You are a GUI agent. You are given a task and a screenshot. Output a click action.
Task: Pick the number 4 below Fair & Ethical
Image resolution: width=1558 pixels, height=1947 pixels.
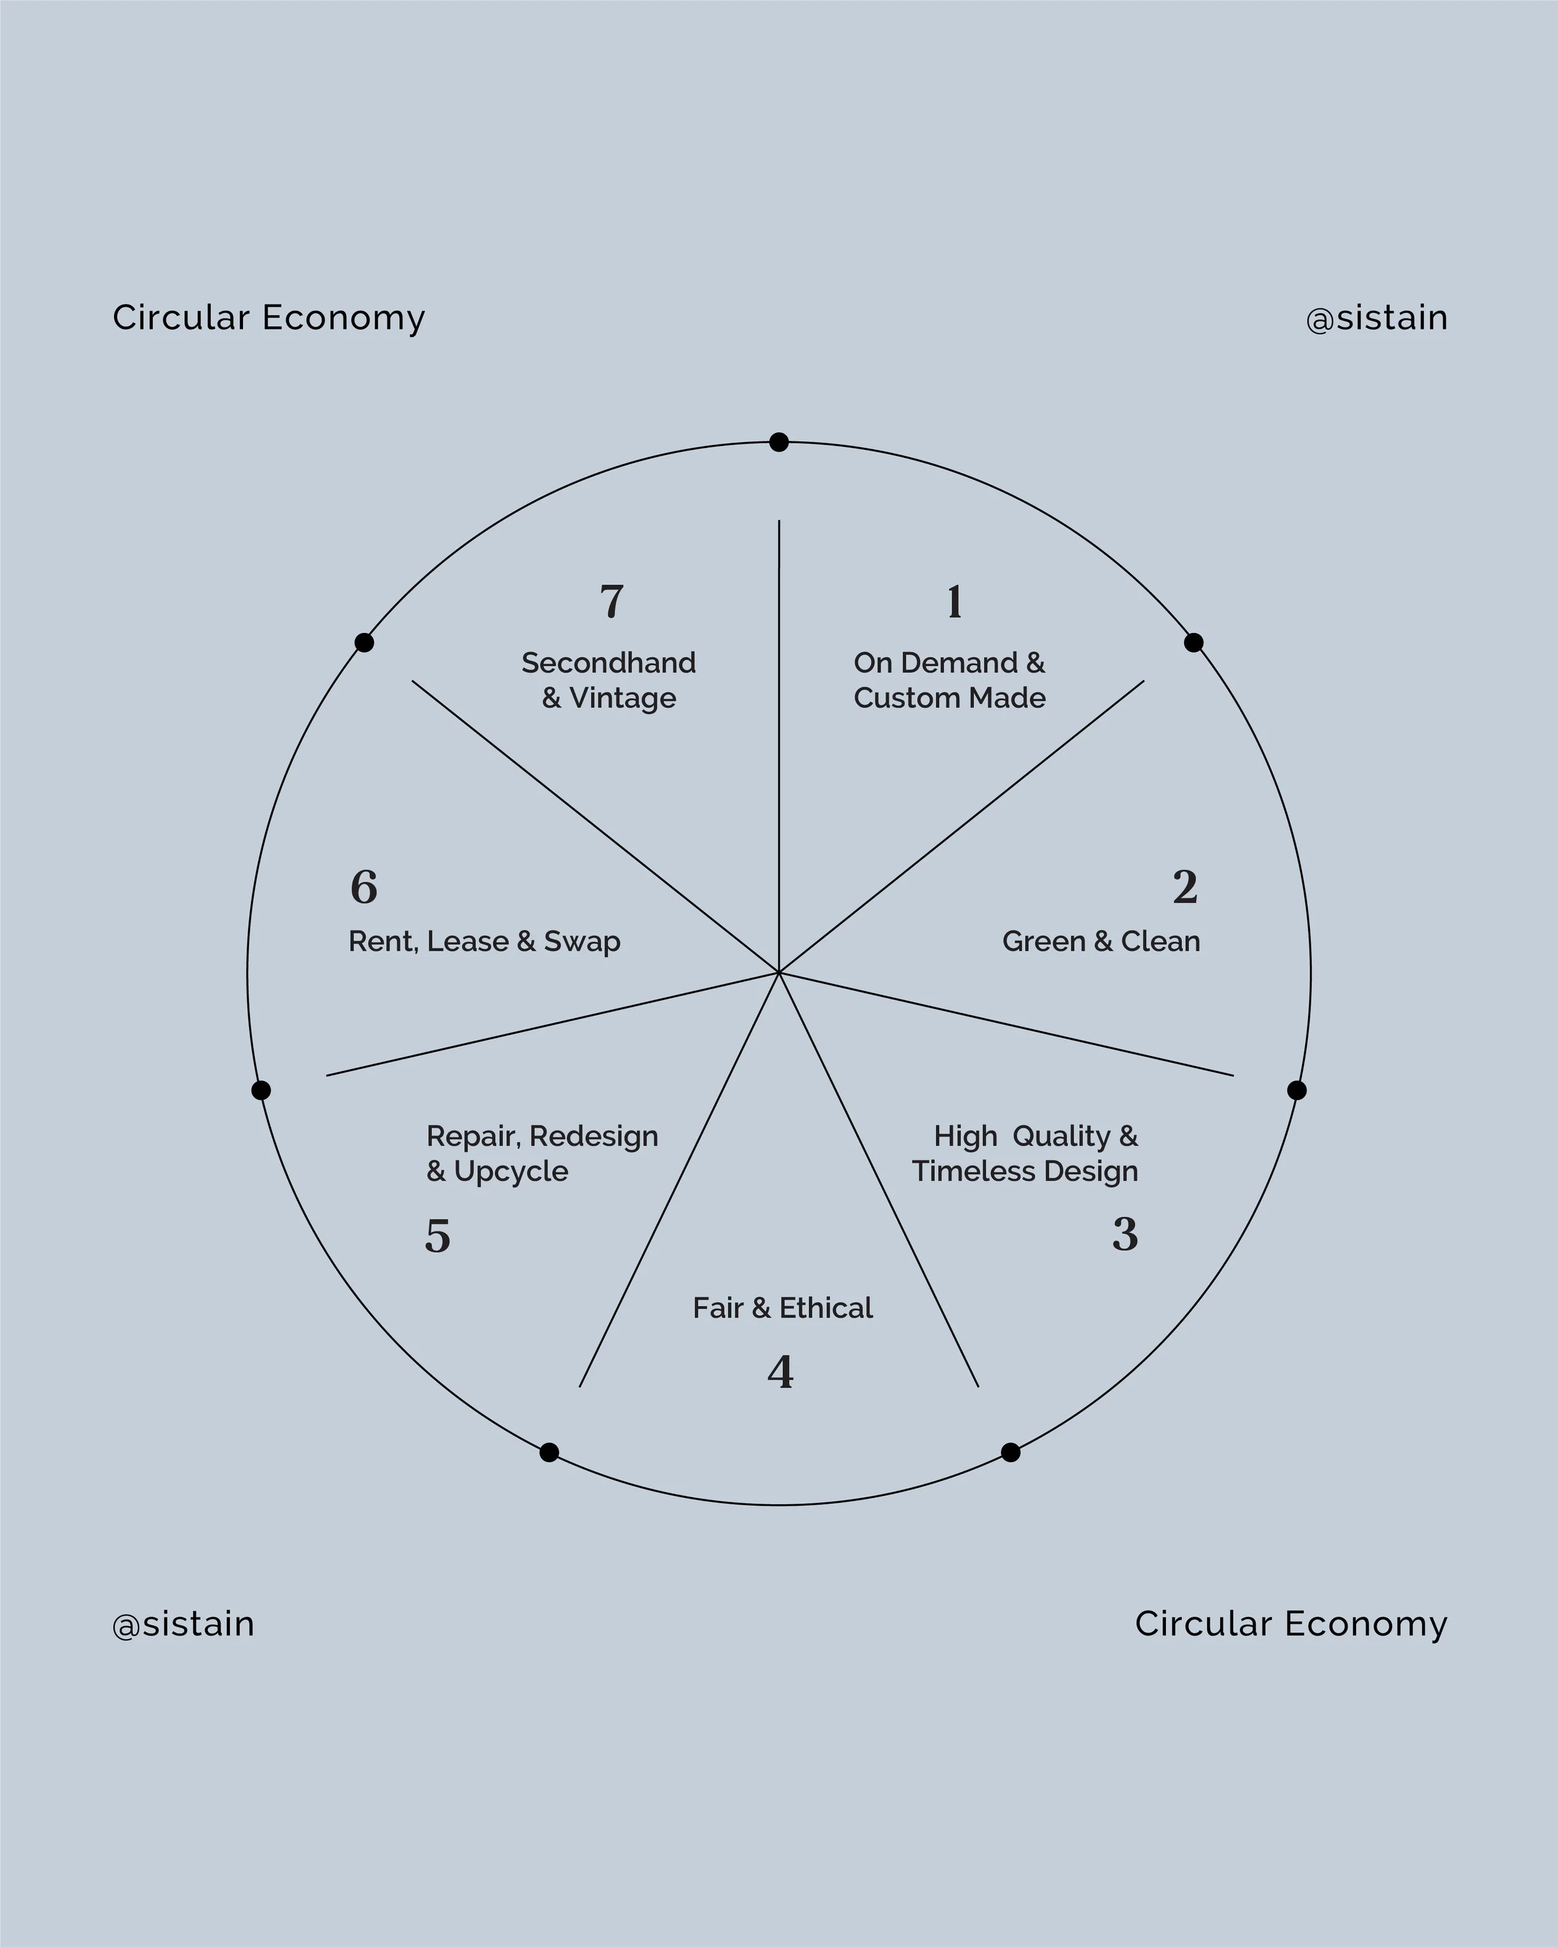(780, 1372)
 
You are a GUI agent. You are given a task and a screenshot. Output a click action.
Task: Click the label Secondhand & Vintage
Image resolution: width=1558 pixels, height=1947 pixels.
(609, 680)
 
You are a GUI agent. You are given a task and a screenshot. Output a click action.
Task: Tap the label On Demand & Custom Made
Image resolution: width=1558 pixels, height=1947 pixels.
(949, 680)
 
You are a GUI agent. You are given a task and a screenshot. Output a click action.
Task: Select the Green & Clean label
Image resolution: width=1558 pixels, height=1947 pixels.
(1101, 941)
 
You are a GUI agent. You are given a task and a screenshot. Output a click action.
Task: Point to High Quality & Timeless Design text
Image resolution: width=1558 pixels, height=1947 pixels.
(1025, 1153)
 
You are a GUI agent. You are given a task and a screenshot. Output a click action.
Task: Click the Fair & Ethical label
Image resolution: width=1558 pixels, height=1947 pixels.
(782, 1308)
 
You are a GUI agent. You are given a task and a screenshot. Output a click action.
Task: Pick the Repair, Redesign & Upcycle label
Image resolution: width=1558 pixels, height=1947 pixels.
(542, 1153)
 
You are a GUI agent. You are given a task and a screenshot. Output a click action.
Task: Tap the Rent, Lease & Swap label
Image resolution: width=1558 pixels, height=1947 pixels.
(484, 941)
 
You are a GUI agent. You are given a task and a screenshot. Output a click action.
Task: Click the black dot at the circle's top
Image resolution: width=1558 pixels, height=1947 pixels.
(778, 442)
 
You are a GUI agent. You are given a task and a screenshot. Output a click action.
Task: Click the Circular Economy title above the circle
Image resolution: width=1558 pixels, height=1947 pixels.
(268, 318)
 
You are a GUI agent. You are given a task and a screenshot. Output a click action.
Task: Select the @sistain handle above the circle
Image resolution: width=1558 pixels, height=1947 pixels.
(1377, 318)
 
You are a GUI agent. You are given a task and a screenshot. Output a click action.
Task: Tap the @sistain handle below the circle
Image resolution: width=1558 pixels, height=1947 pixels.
(183, 1624)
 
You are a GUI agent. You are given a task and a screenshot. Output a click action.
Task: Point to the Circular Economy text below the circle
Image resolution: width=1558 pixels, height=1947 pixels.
(1291, 1624)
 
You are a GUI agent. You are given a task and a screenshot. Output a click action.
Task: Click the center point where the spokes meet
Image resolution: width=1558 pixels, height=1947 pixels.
(778, 973)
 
